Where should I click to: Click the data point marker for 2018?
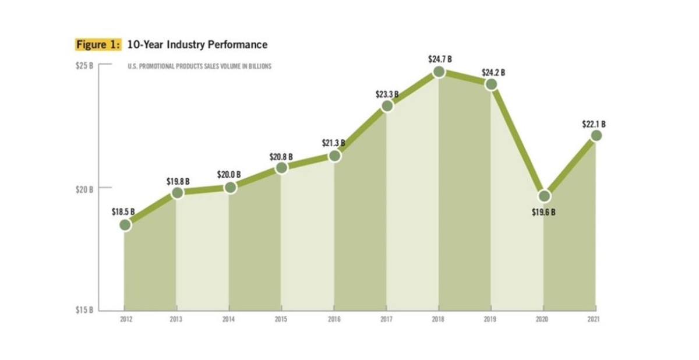pyautogui.click(x=439, y=72)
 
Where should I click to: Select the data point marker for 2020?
pyautogui.click(x=543, y=196)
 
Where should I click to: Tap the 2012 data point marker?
pyautogui.click(x=125, y=225)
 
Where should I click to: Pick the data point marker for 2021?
pyautogui.click(x=596, y=135)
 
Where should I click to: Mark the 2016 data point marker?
pyautogui.click(x=334, y=156)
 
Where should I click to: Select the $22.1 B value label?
pyautogui.click(x=594, y=124)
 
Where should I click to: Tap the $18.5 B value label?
pyautogui.click(x=123, y=212)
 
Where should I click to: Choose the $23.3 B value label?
pyautogui.click(x=386, y=93)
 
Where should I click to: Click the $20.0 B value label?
pyautogui.click(x=229, y=175)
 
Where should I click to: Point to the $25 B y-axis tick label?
pyautogui.click(x=85, y=65)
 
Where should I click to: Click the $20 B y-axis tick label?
pyautogui.click(x=85, y=189)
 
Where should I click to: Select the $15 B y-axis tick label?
pyautogui.click(x=85, y=310)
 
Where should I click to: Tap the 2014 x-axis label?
pyautogui.click(x=229, y=320)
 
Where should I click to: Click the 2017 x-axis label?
pyautogui.click(x=386, y=320)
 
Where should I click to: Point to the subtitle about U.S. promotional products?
pyautogui.click(x=199, y=66)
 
